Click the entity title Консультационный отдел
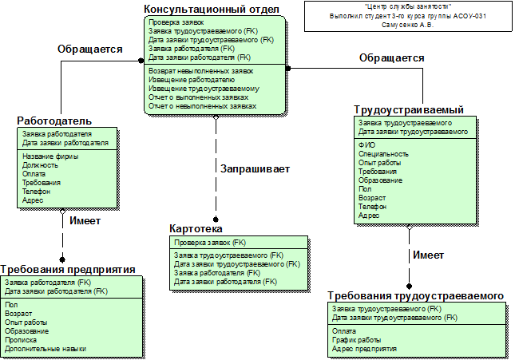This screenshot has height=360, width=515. tap(211, 9)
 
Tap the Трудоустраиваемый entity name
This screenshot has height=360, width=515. tap(408, 109)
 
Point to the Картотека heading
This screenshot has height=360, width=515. tap(196, 228)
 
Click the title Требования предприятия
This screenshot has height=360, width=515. tap(68, 270)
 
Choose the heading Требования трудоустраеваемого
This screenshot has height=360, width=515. tap(415, 296)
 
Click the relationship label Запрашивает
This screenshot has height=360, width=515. tap(255, 169)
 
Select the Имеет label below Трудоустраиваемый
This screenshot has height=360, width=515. tap(427, 255)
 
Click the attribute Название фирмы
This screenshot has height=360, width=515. tap(50, 156)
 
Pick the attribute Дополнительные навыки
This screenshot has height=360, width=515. tap(46, 349)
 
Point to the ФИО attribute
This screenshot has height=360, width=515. tap(367, 144)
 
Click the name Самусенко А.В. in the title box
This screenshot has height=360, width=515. tap(408, 25)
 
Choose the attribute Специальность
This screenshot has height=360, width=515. tap(383, 153)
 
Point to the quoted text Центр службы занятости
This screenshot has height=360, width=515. tap(408, 6)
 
